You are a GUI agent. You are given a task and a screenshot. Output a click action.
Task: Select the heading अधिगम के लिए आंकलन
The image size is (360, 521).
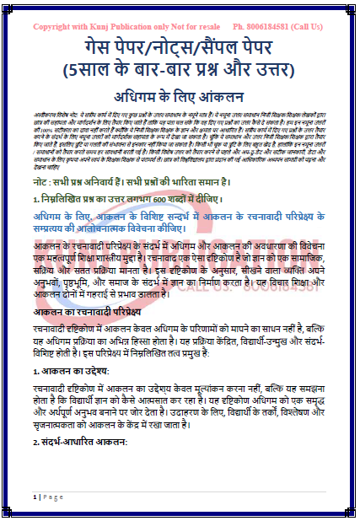180,98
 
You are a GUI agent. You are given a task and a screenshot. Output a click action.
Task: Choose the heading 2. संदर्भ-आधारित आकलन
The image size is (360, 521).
77,442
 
